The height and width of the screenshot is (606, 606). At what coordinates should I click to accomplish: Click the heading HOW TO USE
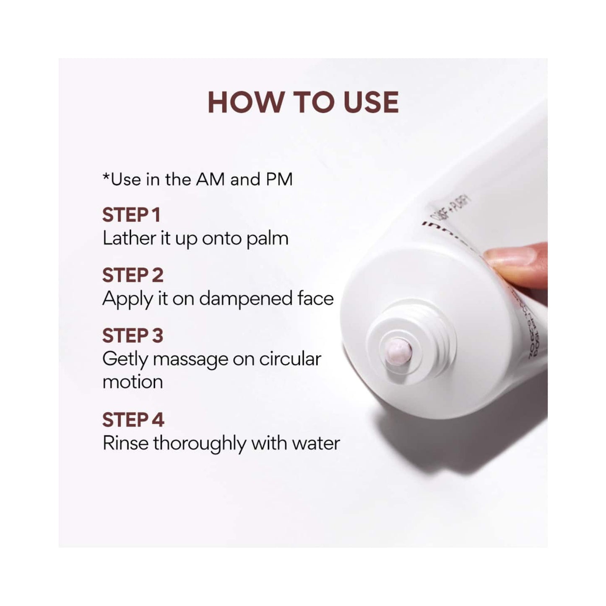[x=303, y=102]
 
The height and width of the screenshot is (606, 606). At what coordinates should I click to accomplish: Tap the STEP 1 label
[x=131, y=215]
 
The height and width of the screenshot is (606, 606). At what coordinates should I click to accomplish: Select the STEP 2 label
[x=133, y=276]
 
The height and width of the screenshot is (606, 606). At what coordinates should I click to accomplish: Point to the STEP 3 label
[x=133, y=336]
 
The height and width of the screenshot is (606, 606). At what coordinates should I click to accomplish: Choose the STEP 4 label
[x=133, y=420]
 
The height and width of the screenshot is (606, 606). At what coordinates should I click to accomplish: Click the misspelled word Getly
[x=125, y=360]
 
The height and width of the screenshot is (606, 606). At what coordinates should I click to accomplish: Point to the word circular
[x=290, y=359]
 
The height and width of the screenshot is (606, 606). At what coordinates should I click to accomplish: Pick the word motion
[x=133, y=382]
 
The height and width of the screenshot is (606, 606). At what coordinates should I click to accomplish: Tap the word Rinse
[x=125, y=443]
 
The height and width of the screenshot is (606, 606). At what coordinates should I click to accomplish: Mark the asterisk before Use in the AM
[x=106, y=177]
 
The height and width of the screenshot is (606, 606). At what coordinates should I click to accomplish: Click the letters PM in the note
[x=279, y=179]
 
